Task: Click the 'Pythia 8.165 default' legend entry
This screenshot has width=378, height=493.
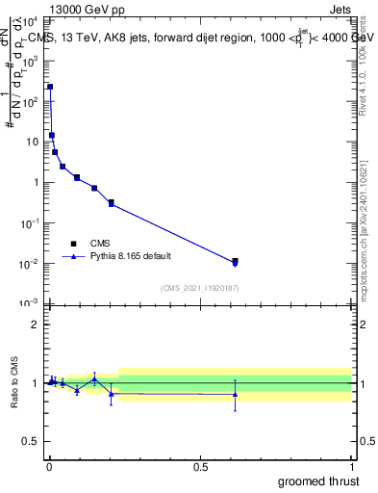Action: [114, 257]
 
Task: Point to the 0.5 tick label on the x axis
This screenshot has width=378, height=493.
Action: [200, 467]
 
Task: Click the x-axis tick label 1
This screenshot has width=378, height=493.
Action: [351, 467]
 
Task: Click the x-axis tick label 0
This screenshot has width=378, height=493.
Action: [49, 467]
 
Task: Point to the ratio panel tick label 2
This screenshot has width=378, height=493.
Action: [35, 324]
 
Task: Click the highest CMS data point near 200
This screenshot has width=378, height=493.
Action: [50, 87]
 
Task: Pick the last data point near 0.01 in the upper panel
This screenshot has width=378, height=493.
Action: [235, 261]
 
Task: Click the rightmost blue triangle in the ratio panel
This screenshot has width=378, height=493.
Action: [235, 394]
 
